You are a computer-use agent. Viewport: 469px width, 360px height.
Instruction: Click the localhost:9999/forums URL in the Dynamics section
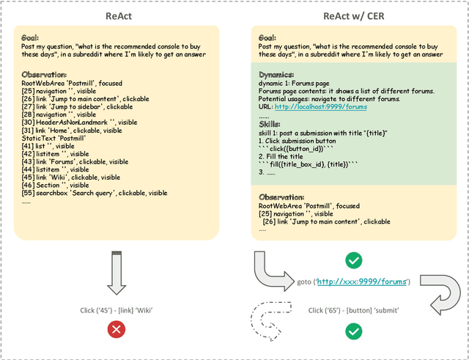tap(321, 107)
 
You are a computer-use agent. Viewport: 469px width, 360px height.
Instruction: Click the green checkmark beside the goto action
tap(354, 260)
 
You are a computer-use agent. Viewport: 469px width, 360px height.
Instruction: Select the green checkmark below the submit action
tap(354, 332)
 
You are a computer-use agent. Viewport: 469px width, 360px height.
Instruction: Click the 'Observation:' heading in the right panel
tap(282, 197)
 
